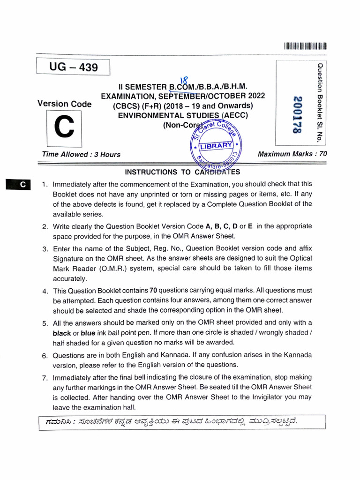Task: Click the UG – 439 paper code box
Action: pos(73,67)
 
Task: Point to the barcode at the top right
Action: pos(305,46)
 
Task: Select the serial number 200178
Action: pos(296,115)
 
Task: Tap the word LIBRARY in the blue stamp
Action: pos(216,146)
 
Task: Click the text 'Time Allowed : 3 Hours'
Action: pos(81,154)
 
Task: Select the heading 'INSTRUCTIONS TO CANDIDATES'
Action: pos(182,172)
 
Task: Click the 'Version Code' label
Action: pos(64,104)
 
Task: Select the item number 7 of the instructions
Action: pos(45,378)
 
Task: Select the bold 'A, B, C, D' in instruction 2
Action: pos(221,226)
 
